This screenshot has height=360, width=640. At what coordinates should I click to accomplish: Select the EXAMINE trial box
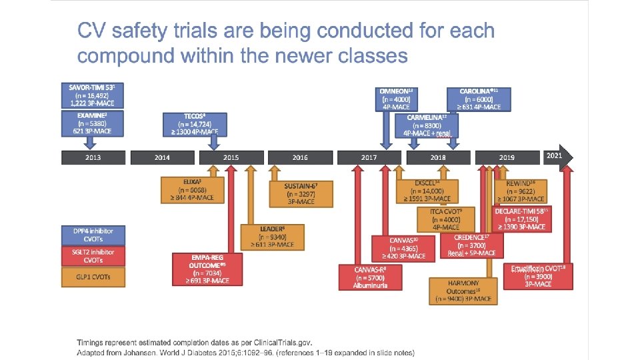[x=93, y=124]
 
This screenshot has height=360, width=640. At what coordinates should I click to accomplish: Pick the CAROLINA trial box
[x=484, y=99]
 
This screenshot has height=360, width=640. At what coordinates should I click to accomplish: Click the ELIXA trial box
[x=193, y=189]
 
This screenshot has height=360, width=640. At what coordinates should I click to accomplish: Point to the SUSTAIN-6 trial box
[x=300, y=193]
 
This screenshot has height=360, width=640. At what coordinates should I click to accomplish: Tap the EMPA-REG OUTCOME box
[x=207, y=269]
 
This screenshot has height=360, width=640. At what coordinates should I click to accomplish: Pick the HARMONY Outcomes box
[x=463, y=291]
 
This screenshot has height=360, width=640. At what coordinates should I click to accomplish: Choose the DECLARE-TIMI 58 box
[x=521, y=219]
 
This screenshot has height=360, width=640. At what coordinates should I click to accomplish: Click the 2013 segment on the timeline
[x=93, y=157]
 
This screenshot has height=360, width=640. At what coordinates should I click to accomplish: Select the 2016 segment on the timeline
[x=300, y=157]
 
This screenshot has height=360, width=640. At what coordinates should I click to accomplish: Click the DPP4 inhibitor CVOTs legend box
[x=93, y=235]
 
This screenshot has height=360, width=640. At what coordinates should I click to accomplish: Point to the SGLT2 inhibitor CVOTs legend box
[x=93, y=256]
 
